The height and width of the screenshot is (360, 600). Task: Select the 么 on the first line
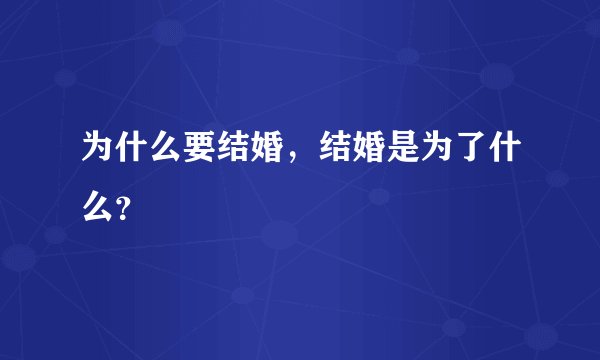tap(162, 151)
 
